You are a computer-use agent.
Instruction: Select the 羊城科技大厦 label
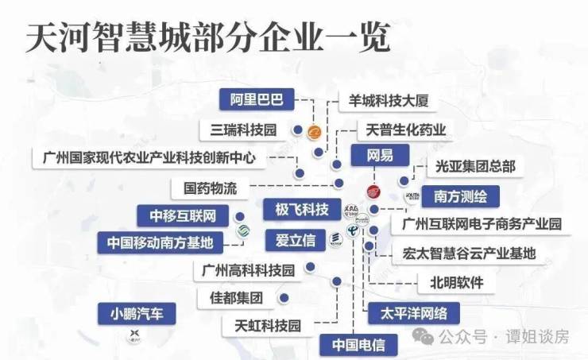click(389, 101)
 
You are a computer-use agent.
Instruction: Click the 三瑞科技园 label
click(243, 130)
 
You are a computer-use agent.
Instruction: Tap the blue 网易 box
click(379, 156)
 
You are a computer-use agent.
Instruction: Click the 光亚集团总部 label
click(476, 167)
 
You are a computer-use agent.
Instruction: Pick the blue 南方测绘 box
click(461, 195)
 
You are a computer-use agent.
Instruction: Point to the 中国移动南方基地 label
click(161, 242)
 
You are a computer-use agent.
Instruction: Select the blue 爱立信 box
click(296, 239)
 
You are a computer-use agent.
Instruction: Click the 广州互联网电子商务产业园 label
click(482, 224)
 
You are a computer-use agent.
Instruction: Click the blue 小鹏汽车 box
click(137, 313)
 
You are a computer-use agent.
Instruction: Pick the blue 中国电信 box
click(358, 346)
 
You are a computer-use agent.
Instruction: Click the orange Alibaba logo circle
click(315, 132)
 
